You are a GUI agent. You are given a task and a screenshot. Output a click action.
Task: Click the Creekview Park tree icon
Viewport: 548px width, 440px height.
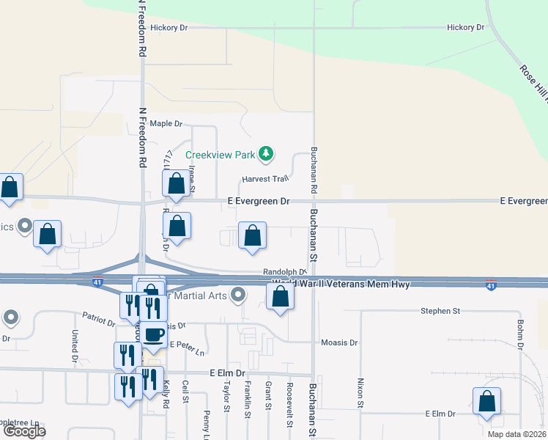coord(266,154)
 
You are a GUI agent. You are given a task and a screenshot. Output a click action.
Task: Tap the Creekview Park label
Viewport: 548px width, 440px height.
coord(220,155)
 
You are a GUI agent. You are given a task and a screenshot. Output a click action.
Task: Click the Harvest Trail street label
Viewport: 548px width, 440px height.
coord(265,179)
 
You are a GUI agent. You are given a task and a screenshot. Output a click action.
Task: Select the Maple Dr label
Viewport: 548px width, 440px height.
coord(165,124)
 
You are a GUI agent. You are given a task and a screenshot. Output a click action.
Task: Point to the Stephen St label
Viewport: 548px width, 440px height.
coord(440,311)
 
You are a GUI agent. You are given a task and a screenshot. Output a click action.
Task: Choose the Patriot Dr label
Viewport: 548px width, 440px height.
coord(99,320)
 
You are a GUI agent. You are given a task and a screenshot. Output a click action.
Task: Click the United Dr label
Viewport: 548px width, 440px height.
coord(75,345)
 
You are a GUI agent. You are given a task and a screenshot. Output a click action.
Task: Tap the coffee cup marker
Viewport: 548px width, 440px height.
coord(152,335)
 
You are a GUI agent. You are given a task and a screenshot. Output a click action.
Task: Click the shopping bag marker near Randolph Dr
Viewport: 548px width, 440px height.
coord(252,237)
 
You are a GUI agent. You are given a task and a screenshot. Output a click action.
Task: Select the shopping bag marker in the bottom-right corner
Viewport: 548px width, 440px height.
coord(486,402)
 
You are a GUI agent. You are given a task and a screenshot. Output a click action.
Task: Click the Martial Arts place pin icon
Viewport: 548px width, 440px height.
coord(237,296)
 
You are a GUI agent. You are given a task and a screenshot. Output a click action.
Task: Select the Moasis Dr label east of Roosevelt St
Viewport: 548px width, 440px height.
coord(339,342)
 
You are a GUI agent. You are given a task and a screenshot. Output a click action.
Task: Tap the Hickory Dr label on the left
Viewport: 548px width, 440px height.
coord(169,28)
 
